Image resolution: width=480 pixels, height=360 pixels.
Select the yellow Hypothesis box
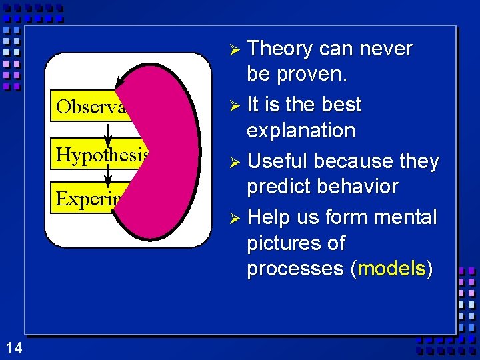click(x=100, y=155)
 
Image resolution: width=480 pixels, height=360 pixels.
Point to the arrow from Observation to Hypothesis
click(x=108, y=131)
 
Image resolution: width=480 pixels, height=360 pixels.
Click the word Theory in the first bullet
click(x=281, y=49)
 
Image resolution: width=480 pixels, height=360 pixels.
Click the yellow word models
click(x=391, y=268)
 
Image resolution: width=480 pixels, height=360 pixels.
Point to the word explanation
click(x=301, y=130)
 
